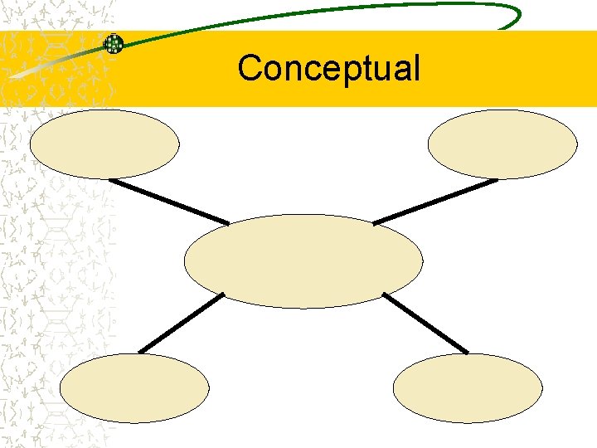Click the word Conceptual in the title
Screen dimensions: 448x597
[x=328, y=68]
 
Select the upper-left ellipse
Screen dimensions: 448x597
[x=104, y=144]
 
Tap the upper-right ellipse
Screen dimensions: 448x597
[x=502, y=144]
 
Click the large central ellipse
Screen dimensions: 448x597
[x=303, y=261]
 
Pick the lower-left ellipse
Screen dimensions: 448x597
[x=134, y=388]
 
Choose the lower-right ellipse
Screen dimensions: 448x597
[x=468, y=388]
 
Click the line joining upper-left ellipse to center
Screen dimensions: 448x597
[x=169, y=201]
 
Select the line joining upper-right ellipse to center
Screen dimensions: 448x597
[x=435, y=201]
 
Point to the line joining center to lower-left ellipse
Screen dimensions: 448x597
[x=181, y=323]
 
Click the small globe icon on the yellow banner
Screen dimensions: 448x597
[x=114, y=44]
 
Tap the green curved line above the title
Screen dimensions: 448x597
[x=332, y=10]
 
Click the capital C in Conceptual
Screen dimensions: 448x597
[x=250, y=68]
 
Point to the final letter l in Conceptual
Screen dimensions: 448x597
[x=416, y=66]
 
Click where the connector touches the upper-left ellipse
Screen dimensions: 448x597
[x=111, y=178]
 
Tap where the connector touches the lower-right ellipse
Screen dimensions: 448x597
[x=467, y=353]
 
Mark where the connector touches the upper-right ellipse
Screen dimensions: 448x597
[x=496, y=179]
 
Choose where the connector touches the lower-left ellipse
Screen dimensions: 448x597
[x=139, y=353]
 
